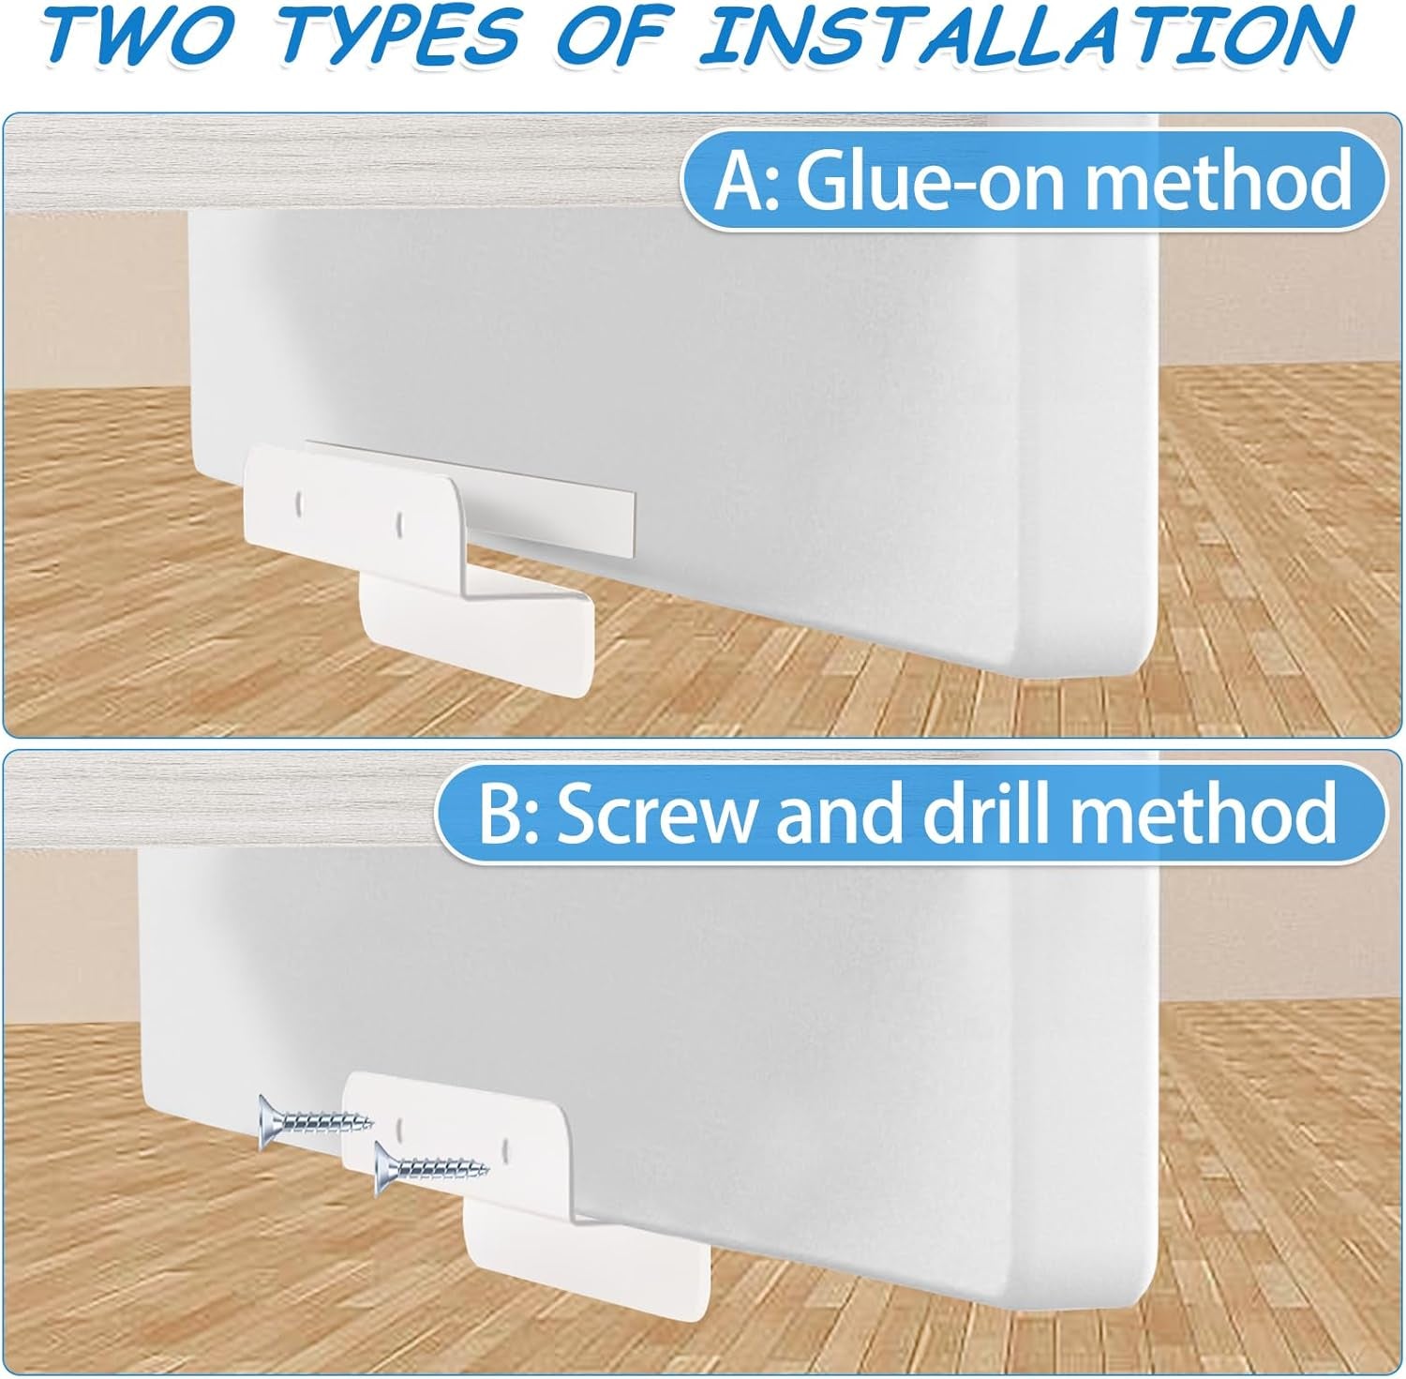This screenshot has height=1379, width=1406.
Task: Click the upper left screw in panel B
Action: click(315, 1117)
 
